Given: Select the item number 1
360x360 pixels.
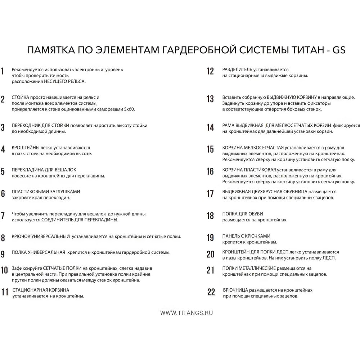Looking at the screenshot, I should coord(3,71).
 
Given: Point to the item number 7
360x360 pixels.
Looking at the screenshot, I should coord(3,216).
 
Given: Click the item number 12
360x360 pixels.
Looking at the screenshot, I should coord(210,71).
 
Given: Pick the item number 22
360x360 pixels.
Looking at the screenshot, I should coord(211,292).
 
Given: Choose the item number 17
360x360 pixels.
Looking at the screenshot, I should coord(210,194).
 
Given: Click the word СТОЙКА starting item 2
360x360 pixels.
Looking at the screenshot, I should coord(20,97).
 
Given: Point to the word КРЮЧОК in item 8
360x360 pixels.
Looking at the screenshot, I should coord(21,237).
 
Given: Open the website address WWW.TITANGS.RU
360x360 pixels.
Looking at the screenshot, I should coord(186,313).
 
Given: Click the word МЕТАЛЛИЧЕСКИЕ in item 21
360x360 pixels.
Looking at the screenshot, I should coord(258,268).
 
